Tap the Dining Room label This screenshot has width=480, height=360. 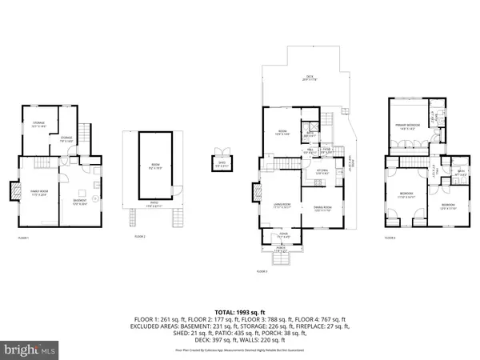click(322, 209)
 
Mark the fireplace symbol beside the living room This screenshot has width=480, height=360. click(257, 194)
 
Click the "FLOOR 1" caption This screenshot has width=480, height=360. click(24, 238)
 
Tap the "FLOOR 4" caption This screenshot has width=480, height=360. click(390, 238)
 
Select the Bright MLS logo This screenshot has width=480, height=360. click(31, 350)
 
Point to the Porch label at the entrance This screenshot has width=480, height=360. click(282, 249)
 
